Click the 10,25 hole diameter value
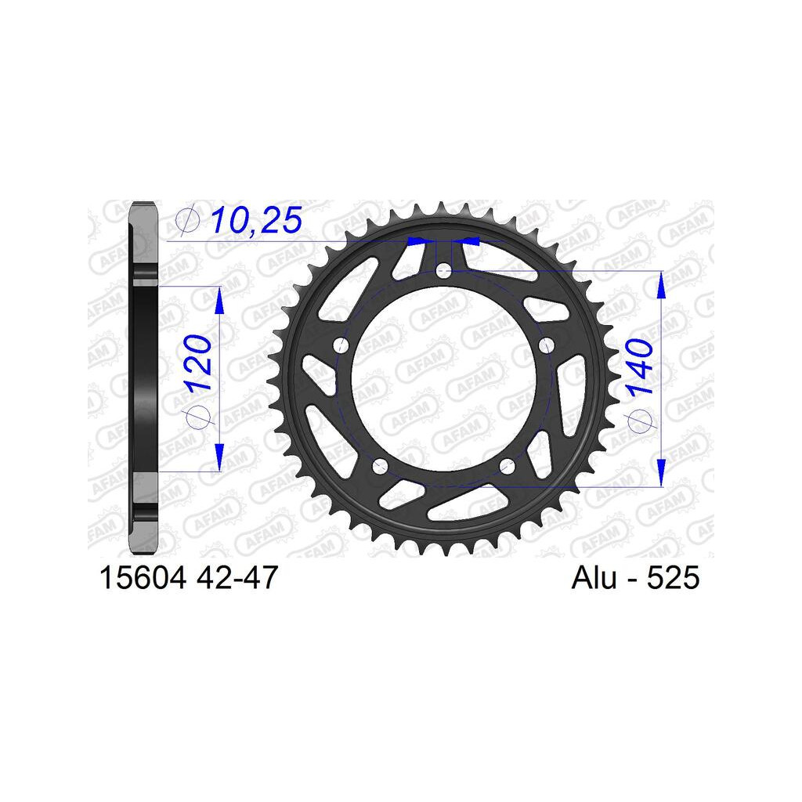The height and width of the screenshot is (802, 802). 257,220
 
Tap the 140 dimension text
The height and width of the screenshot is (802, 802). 639,367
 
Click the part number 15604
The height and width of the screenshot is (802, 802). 143,577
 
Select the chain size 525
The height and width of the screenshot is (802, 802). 673,578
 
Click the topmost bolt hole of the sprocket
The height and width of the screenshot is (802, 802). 443,270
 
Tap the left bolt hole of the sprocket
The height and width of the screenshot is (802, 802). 341,345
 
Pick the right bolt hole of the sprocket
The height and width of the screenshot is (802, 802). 547,345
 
